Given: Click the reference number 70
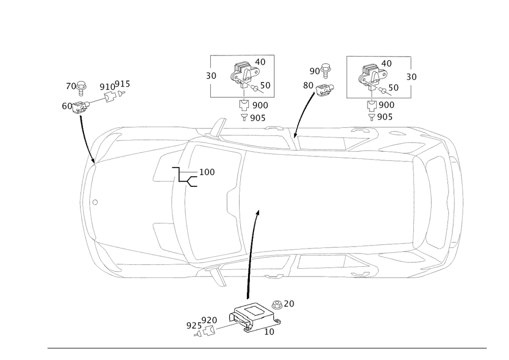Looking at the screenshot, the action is pos(69,87).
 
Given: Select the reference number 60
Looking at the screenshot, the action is pos(66,106).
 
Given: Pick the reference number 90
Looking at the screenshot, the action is pos(314,70).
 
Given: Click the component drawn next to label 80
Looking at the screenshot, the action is pos(324,90).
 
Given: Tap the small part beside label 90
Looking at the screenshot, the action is pos(326,68).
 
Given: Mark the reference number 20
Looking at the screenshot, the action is pos(289,303).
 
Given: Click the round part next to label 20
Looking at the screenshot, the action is pos(278,305).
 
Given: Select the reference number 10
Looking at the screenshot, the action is pos(270,331).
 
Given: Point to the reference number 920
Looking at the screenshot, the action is pos(209,320).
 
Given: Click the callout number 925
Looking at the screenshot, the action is pos(192,325).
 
